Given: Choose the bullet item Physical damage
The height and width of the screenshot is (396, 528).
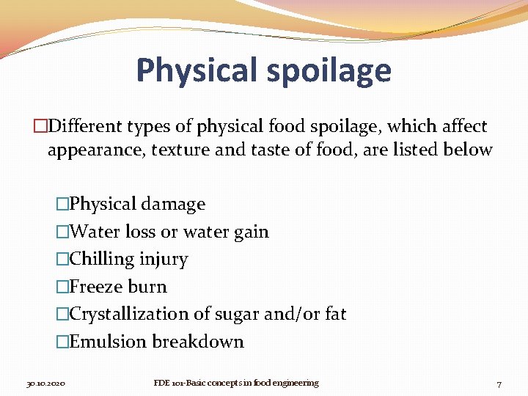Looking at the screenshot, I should [137, 204].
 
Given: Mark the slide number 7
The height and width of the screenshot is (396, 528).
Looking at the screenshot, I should [499, 384].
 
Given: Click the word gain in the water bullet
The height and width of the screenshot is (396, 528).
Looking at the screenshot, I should [252, 232].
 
